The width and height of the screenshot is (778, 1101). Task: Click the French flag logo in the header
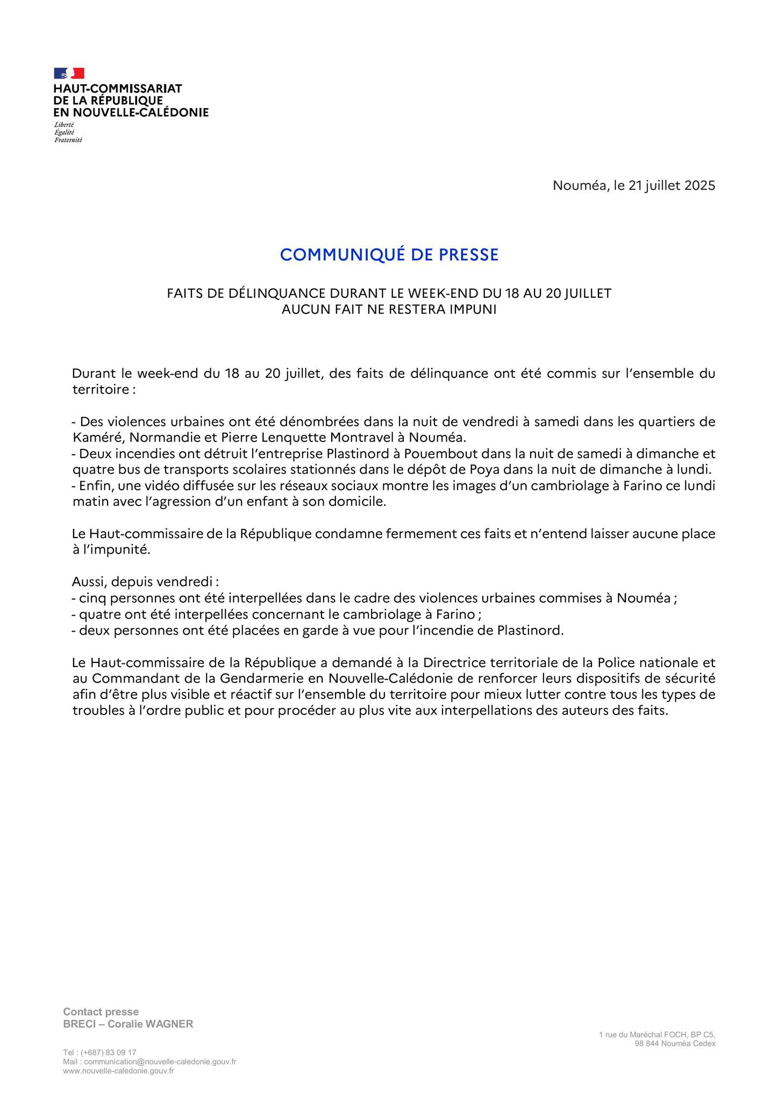(x=69, y=73)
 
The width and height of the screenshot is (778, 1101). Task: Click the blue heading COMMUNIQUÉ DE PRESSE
(x=389, y=255)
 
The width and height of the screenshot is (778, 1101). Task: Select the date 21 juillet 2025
(x=672, y=186)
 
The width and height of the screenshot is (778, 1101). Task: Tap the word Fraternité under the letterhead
(x=68, y=140)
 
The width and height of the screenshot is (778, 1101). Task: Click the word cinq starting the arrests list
(x=91, y=598)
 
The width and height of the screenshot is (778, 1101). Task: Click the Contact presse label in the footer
(x=101, y=1012)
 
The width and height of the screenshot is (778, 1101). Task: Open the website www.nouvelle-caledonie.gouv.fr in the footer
(x=118, y=1070)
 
